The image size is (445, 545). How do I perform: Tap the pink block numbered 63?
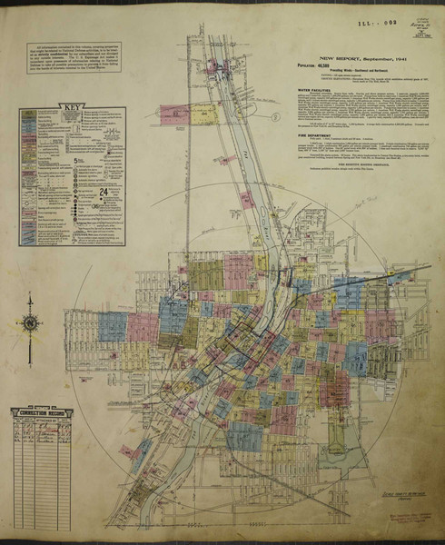coord(173,114)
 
